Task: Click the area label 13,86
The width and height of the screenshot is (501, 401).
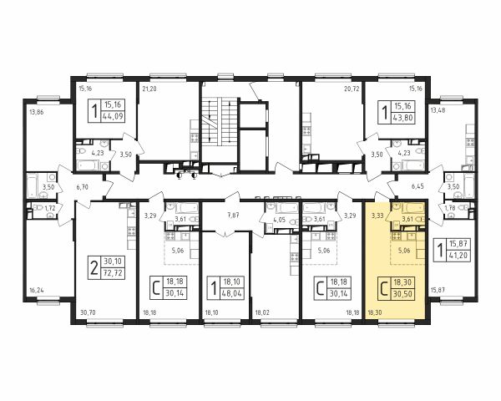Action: [36, 112]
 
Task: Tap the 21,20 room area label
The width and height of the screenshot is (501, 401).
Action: [149, 89]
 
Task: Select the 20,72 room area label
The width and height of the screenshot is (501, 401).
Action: [352, 89]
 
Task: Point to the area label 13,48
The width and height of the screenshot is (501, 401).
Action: [438, 110]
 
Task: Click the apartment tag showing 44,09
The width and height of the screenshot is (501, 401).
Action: [106, 111]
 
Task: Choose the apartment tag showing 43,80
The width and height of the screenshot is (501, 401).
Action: [396, 112]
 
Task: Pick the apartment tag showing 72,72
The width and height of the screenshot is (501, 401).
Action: [106, 267]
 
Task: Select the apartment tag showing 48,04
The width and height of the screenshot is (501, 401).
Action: [225, 288]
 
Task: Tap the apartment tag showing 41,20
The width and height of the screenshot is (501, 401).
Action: [453, 250]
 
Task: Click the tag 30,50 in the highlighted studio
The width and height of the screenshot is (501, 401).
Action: [396, 289]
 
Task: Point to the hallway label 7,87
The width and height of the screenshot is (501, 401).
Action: [233, 216]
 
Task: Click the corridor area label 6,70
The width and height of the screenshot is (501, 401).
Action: [82, 187]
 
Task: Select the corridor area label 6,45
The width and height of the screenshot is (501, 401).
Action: [418, 185]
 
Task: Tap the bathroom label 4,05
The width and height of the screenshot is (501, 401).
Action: [279, 220]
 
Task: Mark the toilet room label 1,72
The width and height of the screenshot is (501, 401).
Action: [49, 209]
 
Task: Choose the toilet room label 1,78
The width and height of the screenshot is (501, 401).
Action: [451, 209]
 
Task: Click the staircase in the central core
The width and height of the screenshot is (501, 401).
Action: [220, 120]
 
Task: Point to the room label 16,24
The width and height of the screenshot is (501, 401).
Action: [36, 291]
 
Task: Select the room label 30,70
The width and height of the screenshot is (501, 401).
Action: [88, 312]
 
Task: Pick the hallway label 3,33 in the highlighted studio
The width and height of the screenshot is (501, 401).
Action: [377, 216]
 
